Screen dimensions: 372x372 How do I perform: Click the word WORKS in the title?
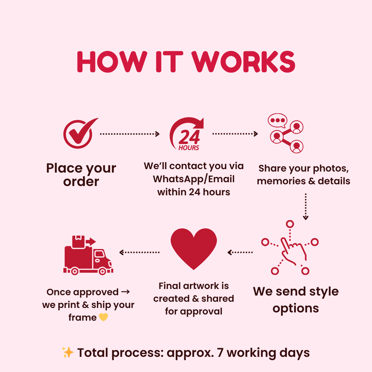point(244,62)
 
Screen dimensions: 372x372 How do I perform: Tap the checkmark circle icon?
point(78,135)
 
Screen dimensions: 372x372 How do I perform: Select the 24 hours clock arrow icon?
point(187,134)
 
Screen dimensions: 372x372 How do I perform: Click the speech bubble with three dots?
point(277,120)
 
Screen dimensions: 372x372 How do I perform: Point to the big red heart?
point(194,248)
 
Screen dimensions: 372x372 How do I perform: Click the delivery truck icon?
point(88,255)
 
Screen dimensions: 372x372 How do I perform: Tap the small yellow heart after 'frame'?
point(103,317)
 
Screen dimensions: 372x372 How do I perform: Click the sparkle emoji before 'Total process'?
point(68,352)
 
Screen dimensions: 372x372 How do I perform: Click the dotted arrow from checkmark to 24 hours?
point(130,134)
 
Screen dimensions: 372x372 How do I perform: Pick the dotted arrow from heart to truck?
point(139,252)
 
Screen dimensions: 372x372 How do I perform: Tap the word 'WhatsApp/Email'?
point(194,179)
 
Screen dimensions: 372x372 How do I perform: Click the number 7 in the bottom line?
point(220,353)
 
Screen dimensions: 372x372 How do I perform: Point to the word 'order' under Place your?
point(81,182)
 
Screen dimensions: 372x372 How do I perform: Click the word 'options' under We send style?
point(296,308)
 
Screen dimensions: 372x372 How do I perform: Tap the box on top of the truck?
point(79,241)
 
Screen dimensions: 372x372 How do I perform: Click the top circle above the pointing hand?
point(290,224)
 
